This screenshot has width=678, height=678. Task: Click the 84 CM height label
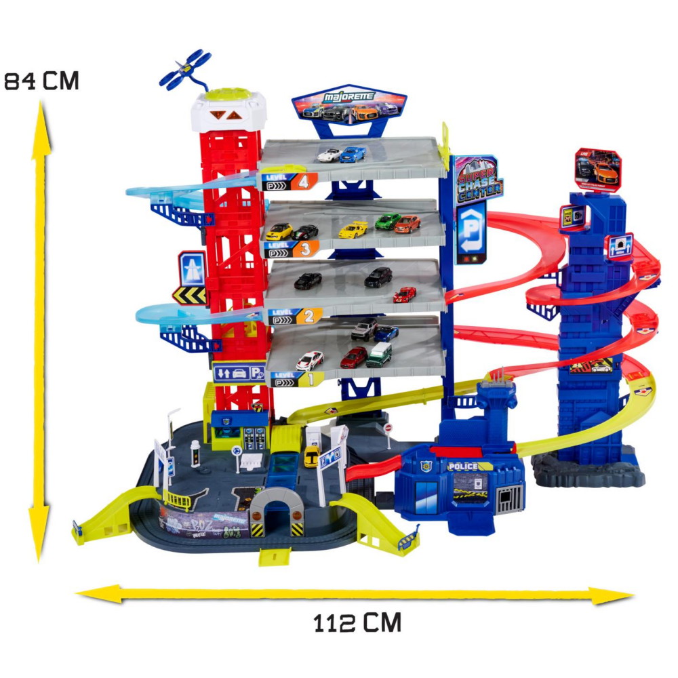[42, 81]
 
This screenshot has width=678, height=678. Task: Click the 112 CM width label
[357, 622]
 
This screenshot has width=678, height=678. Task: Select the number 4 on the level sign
[304, 181]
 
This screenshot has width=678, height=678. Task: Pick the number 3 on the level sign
[305, 249]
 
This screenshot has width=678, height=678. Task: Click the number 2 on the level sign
[309, 315]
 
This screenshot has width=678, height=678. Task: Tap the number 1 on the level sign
[310, 379]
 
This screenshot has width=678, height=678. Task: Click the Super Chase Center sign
[479, 178]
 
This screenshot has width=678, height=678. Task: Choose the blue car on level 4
[353, 154]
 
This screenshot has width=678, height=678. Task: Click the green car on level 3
[388, 220]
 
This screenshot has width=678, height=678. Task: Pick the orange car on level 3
[407, 224]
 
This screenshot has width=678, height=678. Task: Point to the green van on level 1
[379, 354]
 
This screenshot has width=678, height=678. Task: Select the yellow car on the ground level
[311, 456]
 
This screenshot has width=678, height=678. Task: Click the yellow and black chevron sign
[189, 294]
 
